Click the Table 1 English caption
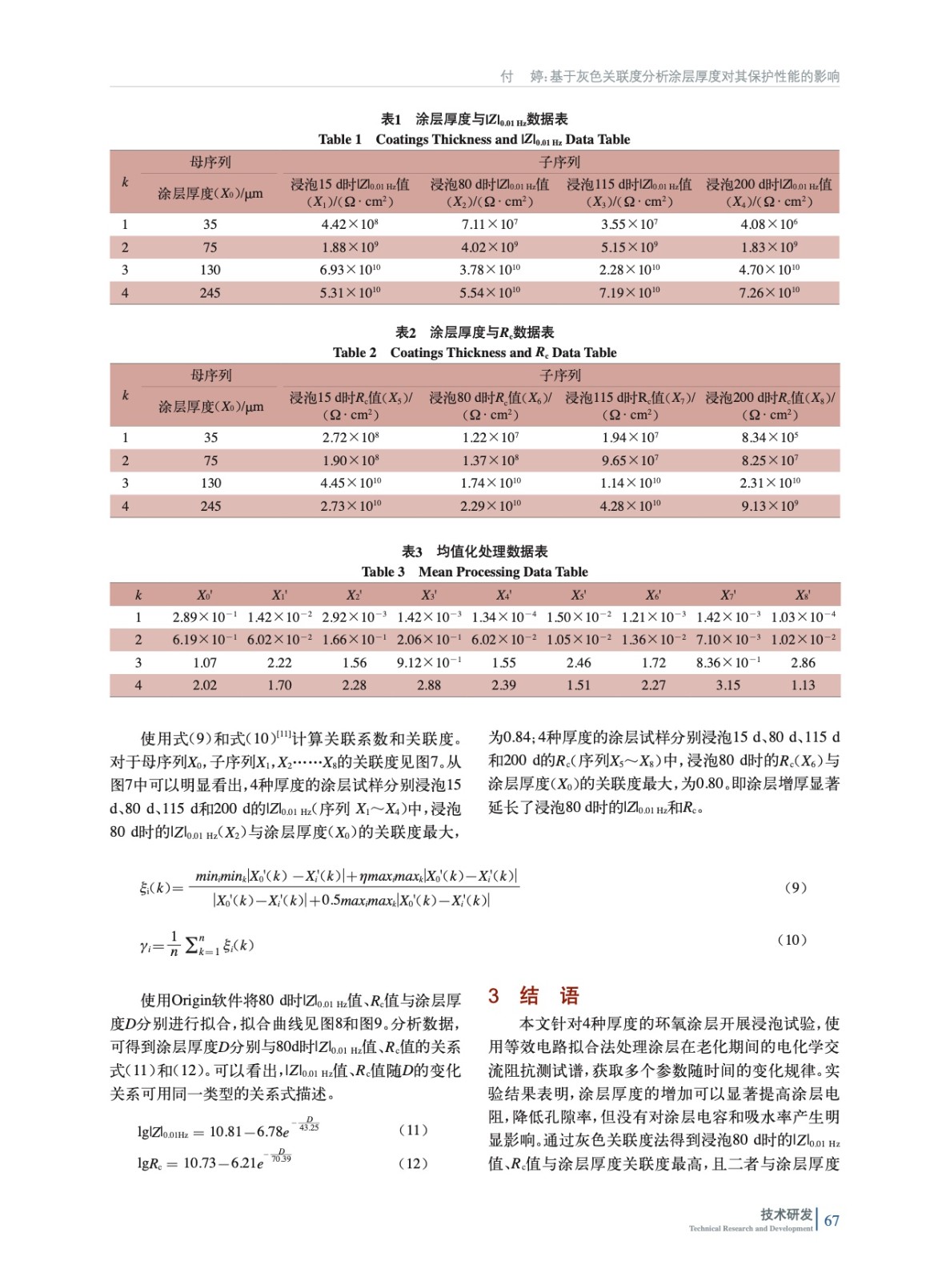474,139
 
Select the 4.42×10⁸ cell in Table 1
350,224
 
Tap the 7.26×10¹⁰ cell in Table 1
768,293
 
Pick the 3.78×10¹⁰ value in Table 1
490,270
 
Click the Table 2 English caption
475,352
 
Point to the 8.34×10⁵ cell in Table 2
769,437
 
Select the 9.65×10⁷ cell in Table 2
630,460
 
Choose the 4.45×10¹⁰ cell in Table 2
351,483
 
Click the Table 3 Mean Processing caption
475,572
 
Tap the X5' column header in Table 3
578,595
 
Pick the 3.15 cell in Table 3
728,685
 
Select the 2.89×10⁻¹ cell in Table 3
205,617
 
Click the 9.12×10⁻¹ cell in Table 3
429,663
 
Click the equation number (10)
792,940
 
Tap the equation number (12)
413,1163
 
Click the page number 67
832,1221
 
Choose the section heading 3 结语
534,996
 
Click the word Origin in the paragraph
190,1000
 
